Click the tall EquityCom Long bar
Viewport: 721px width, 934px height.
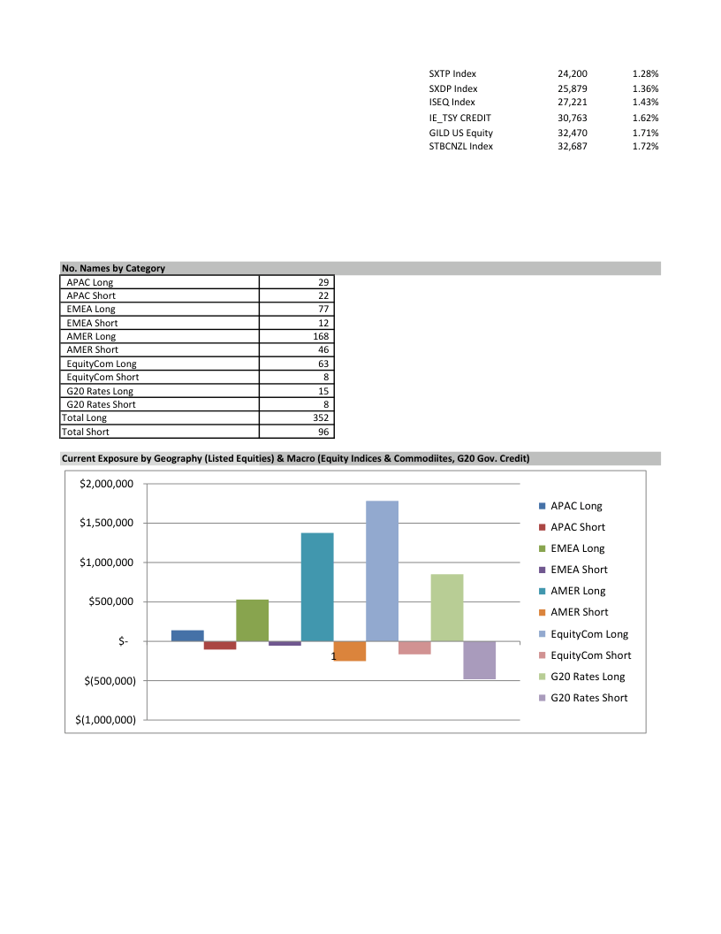coord(382,570)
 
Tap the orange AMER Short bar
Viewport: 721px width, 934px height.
coord(350,651)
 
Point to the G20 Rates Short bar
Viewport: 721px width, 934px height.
coord(479,660)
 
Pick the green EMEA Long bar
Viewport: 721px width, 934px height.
coord(252,620)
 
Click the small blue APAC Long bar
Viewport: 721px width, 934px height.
coord(187,635)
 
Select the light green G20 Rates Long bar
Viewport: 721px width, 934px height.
coord(447,608)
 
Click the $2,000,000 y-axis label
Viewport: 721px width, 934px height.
coord(106,484)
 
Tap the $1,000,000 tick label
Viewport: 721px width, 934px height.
coord(106,563)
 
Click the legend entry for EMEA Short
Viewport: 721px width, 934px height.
coord(579,570)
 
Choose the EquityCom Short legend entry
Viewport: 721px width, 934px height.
coord(590,655)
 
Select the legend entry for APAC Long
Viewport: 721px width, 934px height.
coord(576,506)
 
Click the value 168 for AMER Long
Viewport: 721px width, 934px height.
coord(321,336)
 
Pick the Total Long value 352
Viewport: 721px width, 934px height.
coord(321,417)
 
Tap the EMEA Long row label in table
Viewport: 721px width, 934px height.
coord(91,309)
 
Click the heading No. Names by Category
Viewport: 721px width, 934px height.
coord(113,268)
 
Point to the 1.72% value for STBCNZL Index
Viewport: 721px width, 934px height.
coord(646,146)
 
